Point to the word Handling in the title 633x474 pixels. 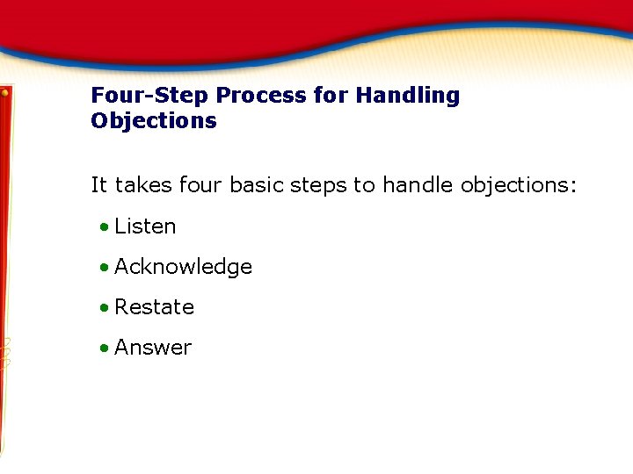(x=407, y=96)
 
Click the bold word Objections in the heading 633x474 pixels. (x=153, y=121)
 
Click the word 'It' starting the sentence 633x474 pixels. (x=99, y=185)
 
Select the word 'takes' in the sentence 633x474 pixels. (x=143, y=185)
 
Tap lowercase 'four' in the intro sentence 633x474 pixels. (x=200, y=185)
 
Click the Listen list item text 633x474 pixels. (x=145, y=226)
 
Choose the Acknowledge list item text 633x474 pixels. (x=183, y=267)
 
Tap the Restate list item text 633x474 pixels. (x=154, y=307)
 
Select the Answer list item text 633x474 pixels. (x=153, y=348)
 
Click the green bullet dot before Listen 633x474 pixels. (x=105, y=227)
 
